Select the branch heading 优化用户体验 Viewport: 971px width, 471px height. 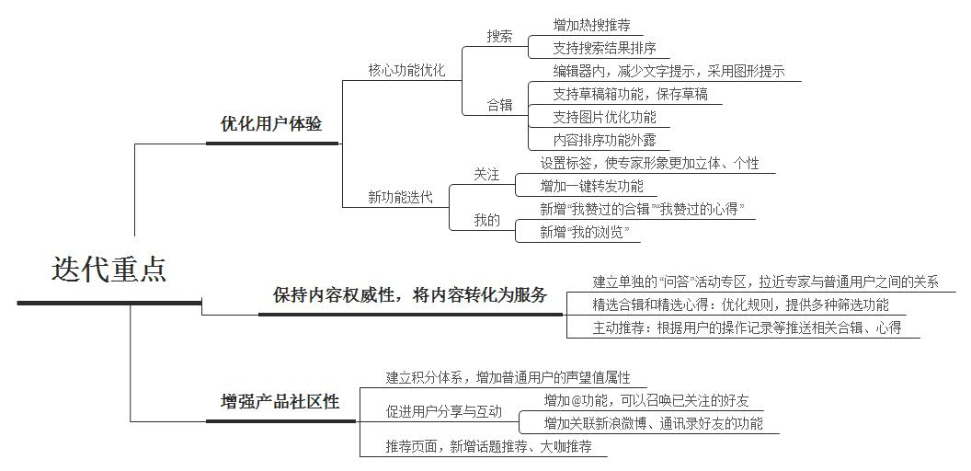271,124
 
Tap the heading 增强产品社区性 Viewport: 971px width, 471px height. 280,402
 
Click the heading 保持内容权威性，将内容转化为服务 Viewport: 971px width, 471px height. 410,295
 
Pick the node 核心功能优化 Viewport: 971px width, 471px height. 406,71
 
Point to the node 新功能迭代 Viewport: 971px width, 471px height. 400,198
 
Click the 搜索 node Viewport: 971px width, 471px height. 499,37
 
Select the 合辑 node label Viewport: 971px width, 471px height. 499,106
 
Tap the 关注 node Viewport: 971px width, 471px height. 486,175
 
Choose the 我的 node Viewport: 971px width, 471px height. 486,220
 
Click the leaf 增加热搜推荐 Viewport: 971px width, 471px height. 591,26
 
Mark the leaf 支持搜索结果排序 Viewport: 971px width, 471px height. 604,48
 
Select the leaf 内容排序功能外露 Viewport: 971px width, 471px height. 604,140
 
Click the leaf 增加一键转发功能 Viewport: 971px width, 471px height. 591,186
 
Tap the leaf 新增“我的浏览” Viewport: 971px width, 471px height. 585,233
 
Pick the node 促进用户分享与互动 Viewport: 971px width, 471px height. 443,411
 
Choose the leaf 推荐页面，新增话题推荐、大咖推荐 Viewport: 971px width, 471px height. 488,445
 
